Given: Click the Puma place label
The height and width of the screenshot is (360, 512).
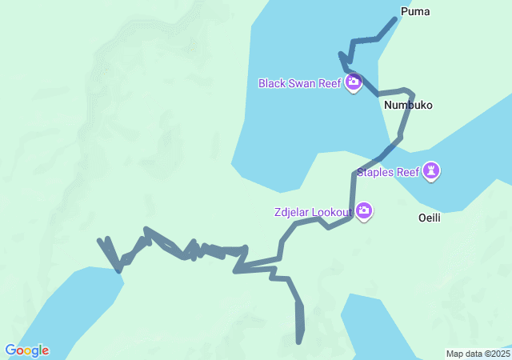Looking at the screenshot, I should (x=414, y=12).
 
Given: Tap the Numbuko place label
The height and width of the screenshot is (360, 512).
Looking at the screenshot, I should (x=408, y=105).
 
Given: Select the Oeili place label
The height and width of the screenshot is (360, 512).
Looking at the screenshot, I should (x=430, y=218).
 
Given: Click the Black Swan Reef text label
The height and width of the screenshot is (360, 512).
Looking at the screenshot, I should (x=300, y=83).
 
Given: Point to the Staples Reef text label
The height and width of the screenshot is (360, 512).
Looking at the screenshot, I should (x=388, y=172).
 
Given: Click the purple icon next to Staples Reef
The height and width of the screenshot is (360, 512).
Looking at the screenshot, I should (x=432, y=171).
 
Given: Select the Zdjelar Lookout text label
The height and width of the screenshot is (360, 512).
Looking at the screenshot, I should (x=312, y=212).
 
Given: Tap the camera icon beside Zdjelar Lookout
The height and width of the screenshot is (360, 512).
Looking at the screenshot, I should (x=364, y=211).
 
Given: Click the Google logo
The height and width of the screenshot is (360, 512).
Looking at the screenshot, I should (x=26, y=350).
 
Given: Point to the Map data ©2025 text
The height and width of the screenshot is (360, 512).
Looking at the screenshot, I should (x=478, y=354).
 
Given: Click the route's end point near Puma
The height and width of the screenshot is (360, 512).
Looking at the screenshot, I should (x=395, y=18).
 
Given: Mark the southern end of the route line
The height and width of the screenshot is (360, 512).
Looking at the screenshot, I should (x=300, y=342).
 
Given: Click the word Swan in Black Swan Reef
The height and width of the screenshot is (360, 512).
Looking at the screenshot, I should (x=300, y=83).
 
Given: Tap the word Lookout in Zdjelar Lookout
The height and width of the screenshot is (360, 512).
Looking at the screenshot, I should (x=332, y=212).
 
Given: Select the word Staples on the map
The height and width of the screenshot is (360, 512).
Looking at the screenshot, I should (x=376, y=172).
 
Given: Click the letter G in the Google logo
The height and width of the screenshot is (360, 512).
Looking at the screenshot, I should (x=10, y=350).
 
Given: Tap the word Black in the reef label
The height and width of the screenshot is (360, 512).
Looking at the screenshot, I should (x=271, y=83).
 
